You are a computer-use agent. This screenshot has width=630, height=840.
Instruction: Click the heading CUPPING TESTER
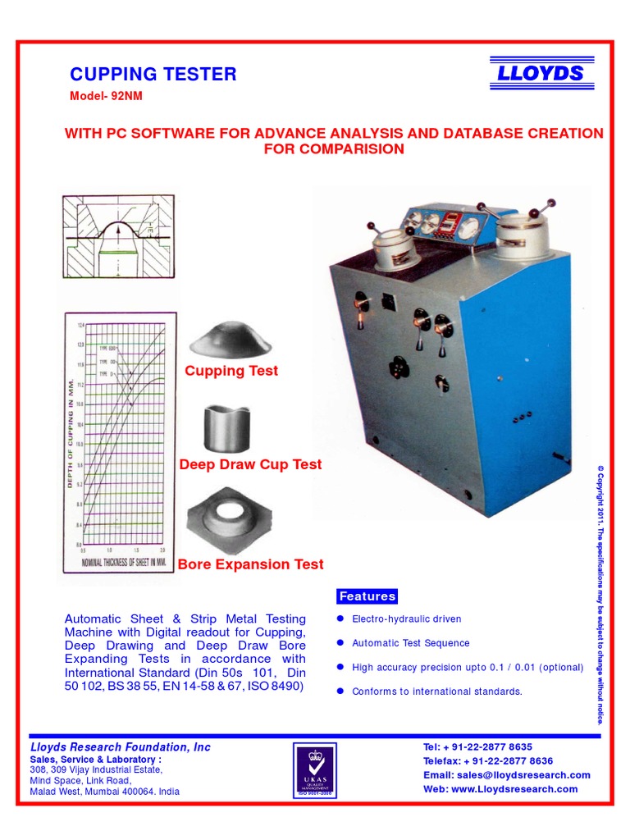coord(153,75)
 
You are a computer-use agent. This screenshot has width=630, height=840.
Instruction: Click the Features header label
coord(367,596)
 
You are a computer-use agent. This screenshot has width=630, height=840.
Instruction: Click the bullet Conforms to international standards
coord(436,692)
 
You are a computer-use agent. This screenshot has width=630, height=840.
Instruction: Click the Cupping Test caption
coord(231,371)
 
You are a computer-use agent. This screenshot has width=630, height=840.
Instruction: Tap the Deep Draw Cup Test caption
coord(250,464)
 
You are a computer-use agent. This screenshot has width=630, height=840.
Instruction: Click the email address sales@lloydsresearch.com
coord(506,775)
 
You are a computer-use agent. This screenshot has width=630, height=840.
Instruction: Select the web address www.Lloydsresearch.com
coord(500,789)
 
